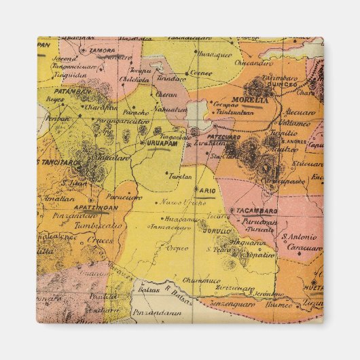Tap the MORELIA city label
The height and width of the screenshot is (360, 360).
click(248, 100)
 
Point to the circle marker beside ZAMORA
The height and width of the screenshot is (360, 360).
click(84, 50)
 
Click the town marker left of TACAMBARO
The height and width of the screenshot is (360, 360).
click(232, 211)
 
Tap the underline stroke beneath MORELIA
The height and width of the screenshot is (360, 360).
click(248, 105)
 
